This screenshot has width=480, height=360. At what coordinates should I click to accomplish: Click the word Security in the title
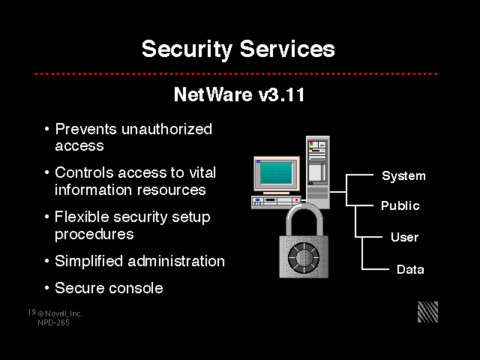click(187, 49)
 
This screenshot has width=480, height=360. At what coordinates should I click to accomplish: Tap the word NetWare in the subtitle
click(213, 94)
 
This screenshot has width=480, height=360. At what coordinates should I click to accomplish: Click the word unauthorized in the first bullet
click(166, 129)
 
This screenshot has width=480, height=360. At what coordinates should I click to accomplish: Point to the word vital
click(202, 172)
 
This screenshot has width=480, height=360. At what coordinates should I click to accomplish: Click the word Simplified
click(88, 261)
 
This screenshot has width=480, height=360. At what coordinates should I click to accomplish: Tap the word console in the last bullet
click(136, 288)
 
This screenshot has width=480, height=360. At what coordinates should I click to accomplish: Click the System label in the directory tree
click(403, 176)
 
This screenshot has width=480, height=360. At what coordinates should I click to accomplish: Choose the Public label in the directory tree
click(400, 205)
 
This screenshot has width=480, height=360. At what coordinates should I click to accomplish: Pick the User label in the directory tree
click(404, 237)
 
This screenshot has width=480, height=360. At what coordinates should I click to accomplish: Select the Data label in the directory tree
click(410, 269)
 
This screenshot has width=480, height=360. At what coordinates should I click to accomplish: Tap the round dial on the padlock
click(303, 258)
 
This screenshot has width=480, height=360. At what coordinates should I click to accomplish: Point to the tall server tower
click(318, 172)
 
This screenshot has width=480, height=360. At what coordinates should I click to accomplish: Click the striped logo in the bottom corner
click(428, 312)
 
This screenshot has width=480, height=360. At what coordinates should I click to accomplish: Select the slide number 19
click(31, 312)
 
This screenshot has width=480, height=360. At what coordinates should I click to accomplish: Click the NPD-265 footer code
click(53, 322)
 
